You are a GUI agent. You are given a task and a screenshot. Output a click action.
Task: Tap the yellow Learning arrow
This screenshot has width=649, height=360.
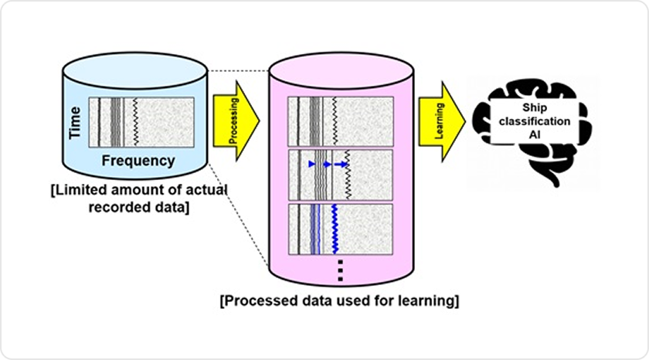(441, 117)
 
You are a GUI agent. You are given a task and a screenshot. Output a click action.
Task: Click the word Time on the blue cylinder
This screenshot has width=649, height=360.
(76, 124)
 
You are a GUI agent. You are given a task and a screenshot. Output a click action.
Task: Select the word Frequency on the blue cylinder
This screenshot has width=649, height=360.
(138, 161)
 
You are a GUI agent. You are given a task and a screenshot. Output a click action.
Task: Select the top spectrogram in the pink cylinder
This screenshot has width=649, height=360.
(340, 121)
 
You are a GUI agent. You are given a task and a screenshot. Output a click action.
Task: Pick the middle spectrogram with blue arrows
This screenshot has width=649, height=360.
(340, 174)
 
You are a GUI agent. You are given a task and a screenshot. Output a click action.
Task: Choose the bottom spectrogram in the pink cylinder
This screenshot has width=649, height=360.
(340, 228)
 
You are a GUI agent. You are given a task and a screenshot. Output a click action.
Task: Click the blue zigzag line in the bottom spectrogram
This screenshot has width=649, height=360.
(335, 228)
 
